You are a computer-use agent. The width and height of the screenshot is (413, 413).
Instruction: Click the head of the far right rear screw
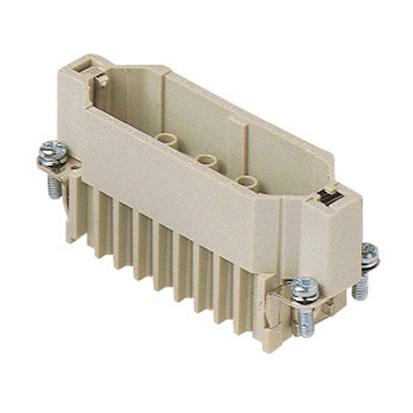(369, 251)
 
